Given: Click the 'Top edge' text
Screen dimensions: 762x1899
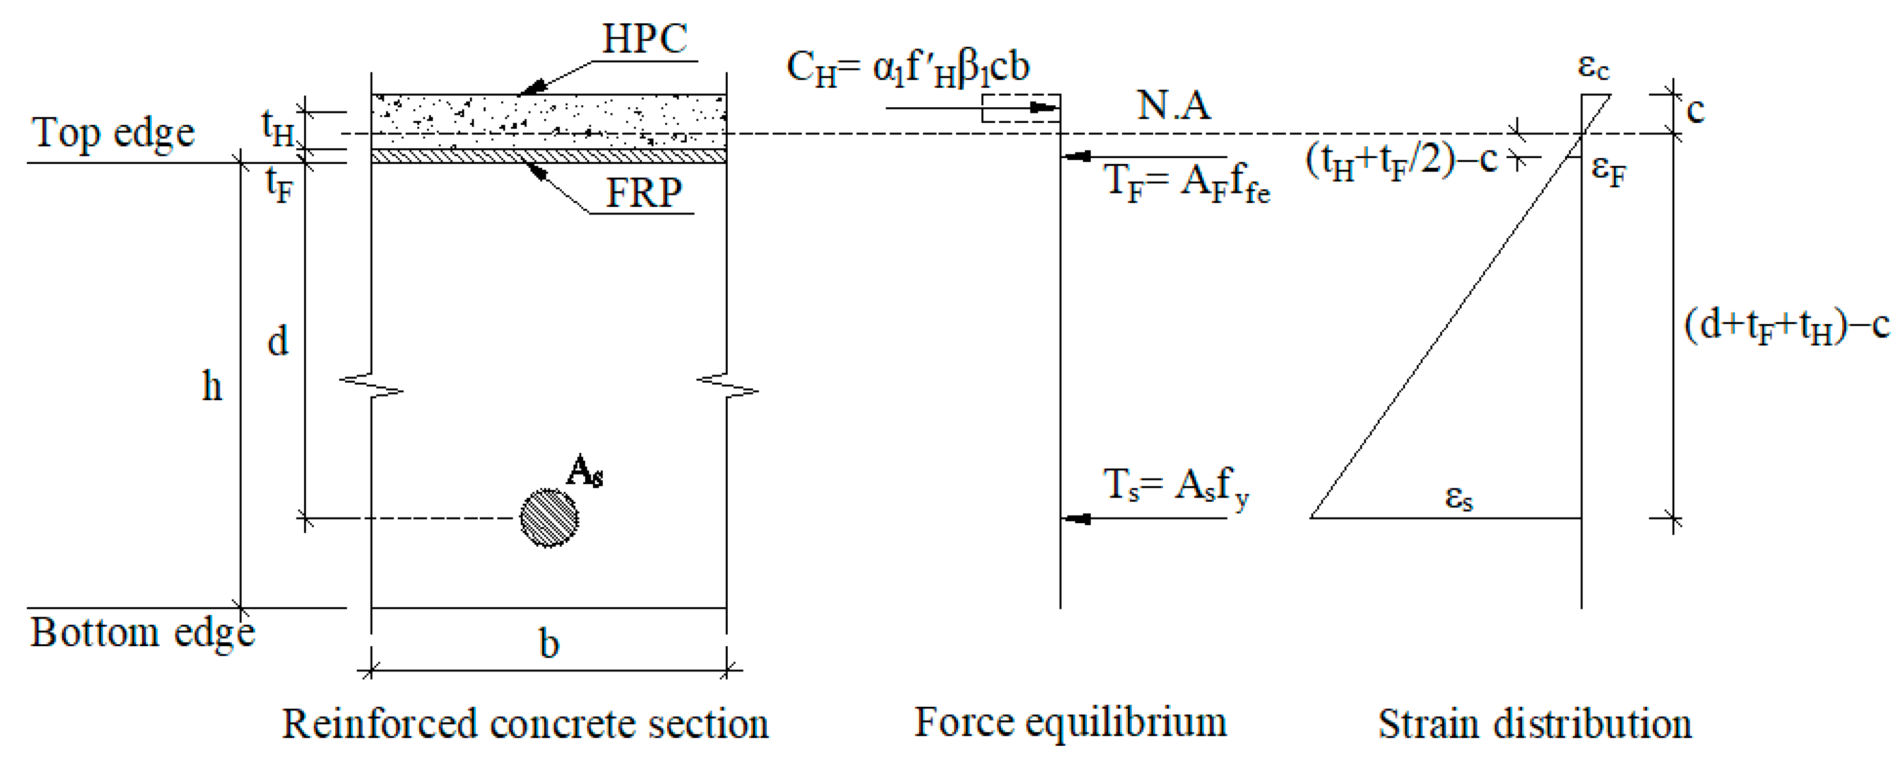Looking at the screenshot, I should [x=113, y=133].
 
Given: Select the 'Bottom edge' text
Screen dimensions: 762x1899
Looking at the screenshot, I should [x=142, y=633].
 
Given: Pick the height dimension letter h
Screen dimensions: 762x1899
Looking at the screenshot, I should [x=212, y=386].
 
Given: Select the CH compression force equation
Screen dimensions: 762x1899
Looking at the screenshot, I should [x=908, y=69].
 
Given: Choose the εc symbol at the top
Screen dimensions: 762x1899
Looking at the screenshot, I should [x=1593, y=68].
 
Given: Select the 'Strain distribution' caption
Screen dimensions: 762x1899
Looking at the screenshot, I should [x=1535, y=724].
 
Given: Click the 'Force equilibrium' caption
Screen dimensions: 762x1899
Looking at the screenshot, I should [x=1071, y=722].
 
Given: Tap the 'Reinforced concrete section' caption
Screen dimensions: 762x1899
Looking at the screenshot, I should [x=525, y=724].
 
